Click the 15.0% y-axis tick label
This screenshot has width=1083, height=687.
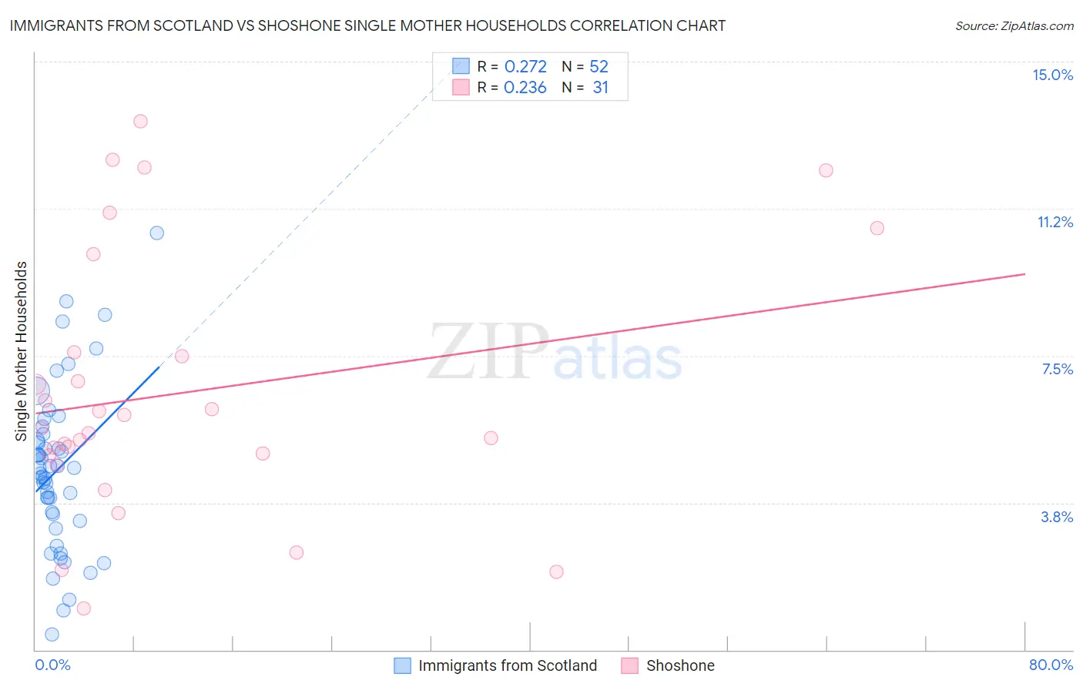point(1052,75)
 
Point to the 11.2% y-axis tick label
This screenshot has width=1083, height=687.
point(1054,222)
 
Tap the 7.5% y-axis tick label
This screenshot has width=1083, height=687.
point(1057,369)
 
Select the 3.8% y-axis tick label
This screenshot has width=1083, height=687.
point(1057,517)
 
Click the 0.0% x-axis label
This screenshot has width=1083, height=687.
point(52,665)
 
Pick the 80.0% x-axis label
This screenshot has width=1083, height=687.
point(1051,665)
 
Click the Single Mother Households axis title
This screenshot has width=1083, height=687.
point(22,351)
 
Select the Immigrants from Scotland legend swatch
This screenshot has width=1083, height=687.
point(402,665)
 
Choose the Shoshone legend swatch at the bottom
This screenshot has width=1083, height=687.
point(630,665)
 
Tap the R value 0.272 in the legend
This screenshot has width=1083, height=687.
point(525,67)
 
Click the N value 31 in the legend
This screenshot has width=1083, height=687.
point(600,88)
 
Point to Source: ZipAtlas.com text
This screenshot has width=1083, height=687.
point(1014,26)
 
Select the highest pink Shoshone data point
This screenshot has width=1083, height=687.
point(140,121)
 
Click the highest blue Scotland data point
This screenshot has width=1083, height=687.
point(157,233)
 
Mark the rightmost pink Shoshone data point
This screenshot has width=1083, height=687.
point(877,228)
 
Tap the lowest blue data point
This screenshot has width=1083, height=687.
point(52,635)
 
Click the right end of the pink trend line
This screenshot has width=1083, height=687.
point(1024,274)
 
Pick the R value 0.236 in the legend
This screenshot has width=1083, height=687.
point(525,88)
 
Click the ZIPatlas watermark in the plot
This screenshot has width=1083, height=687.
point(555,353)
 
